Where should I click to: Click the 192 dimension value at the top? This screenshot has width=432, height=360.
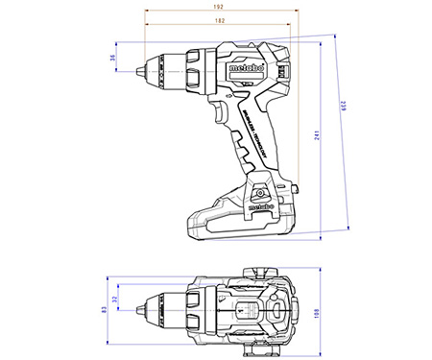(x=220, y=7)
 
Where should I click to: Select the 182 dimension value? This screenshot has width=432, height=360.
(x=220, y=20)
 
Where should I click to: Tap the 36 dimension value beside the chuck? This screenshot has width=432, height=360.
(x=112, y=59)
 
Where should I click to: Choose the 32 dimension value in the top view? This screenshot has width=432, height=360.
(x=114, y=300)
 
